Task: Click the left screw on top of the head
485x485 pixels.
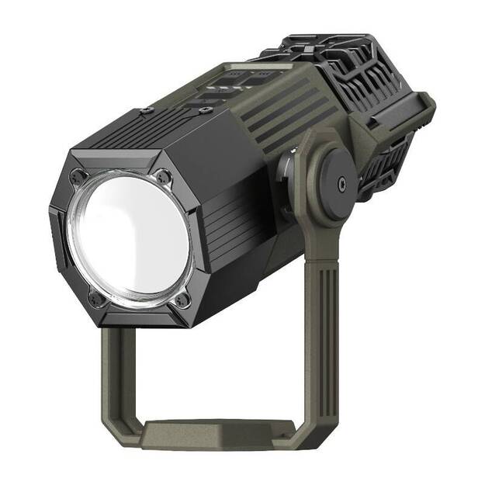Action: (147, 112)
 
